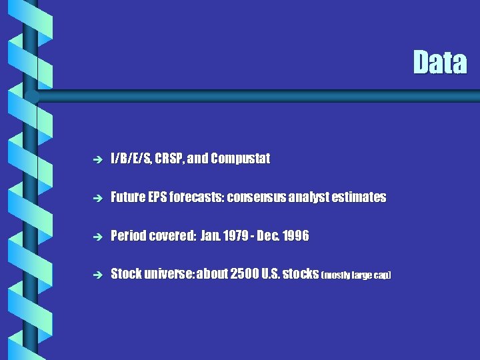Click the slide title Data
[439, 63]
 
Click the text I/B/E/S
[131, 159]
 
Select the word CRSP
[170, 159]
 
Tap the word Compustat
[240, 159]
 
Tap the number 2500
[246, 274]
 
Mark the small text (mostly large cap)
[356, 275]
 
